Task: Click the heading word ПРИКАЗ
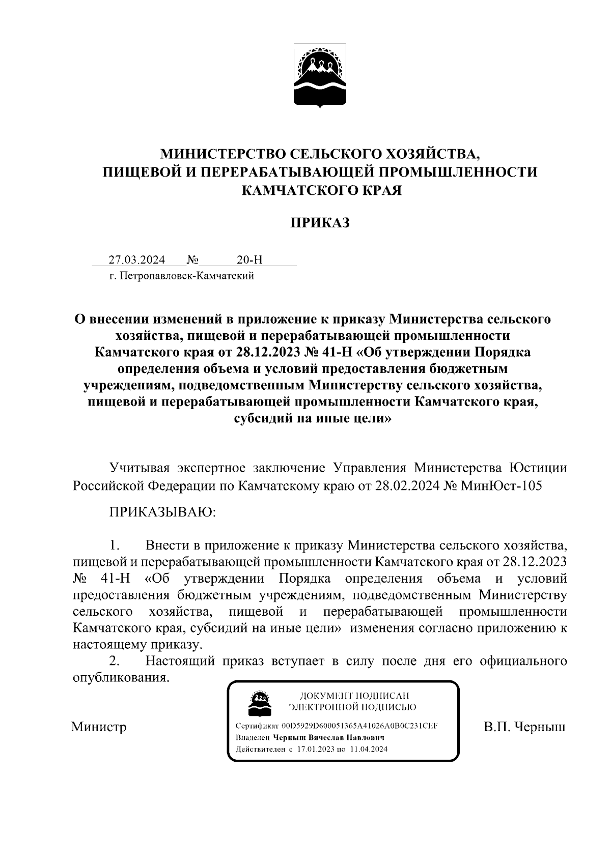coord(320,222)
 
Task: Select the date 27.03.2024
coord(137,260)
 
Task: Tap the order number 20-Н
coord(249,260)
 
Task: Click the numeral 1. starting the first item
coord(115,546)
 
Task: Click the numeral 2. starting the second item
coord(115,661)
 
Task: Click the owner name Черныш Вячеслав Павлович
coord(328,737)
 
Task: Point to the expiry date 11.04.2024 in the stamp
coord(369,749)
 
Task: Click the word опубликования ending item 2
coord(121,678)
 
